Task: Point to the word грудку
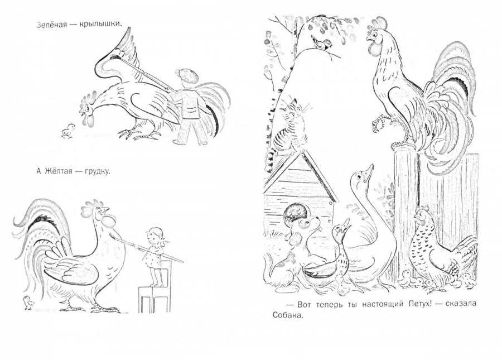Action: click(97, 172)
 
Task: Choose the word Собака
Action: click(287, 315)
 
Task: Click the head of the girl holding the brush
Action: click(155, 236)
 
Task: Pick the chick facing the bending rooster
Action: click(68, 131)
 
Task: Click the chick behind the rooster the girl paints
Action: click(28, 303)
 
